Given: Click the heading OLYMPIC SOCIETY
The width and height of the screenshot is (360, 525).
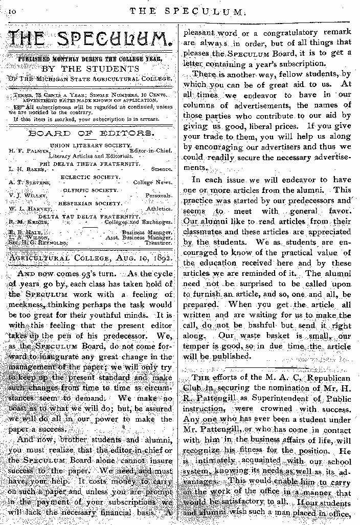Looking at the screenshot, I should [x=91, y=190].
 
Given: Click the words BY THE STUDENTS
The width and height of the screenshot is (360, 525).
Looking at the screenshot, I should [x=90, y=69].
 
